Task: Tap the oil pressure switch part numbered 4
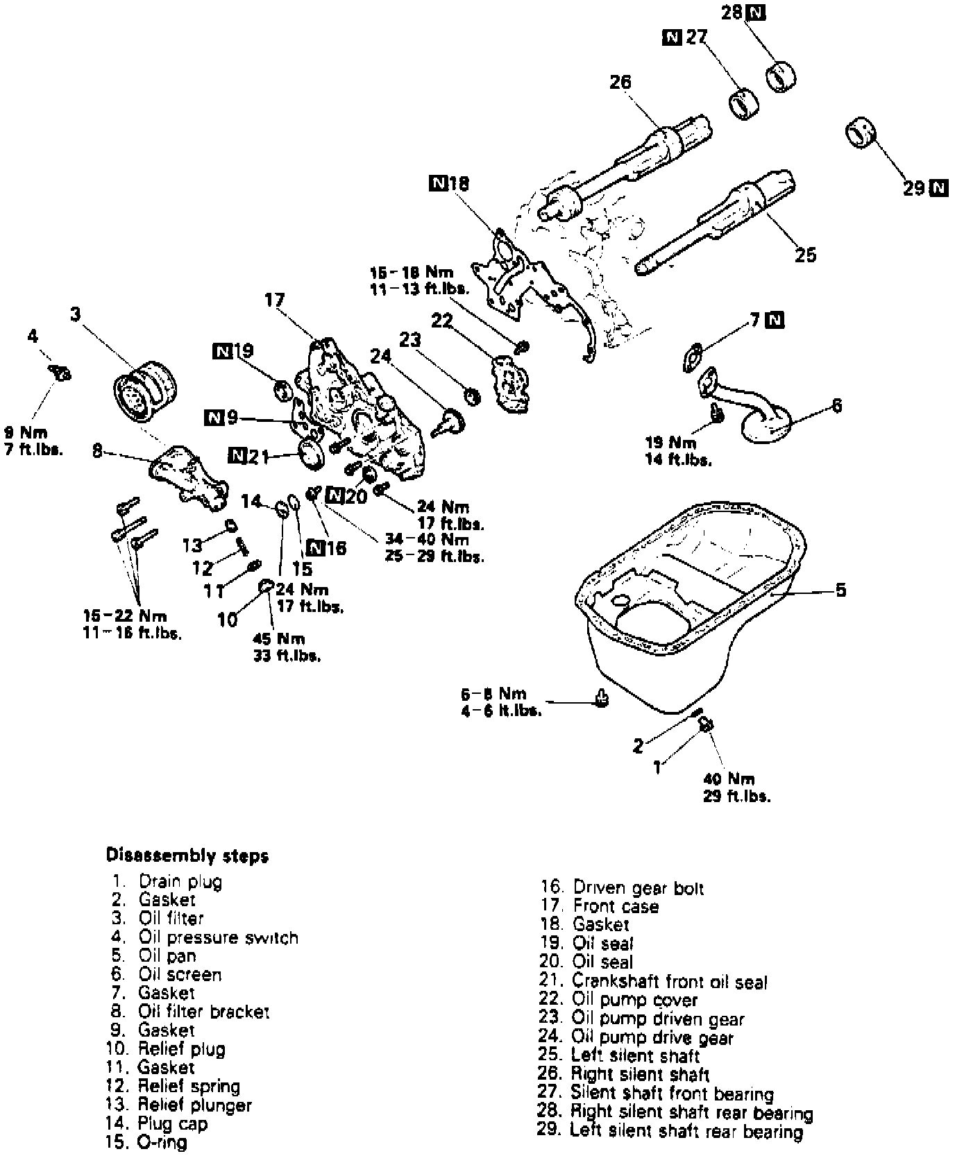tap(61, 374)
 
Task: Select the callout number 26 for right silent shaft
tap(620, 82)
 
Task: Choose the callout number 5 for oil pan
tap(840, 590)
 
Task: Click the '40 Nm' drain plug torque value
tap(728, 779)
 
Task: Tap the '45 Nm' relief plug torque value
tap(279, 638)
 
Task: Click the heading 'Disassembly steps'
tap(187, 856)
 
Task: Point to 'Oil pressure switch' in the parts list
tap(218, 937)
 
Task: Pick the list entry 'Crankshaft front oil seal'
tap(669, 982)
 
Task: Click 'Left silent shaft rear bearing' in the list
tap(686, 1132)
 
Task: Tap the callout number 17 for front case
tap(274, 300)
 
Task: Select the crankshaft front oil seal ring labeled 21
tap(310, 452)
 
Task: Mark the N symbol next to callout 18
tap(439, 183)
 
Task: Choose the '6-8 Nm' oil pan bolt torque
tap(493, 693)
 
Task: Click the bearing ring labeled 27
tap(743, 103)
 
